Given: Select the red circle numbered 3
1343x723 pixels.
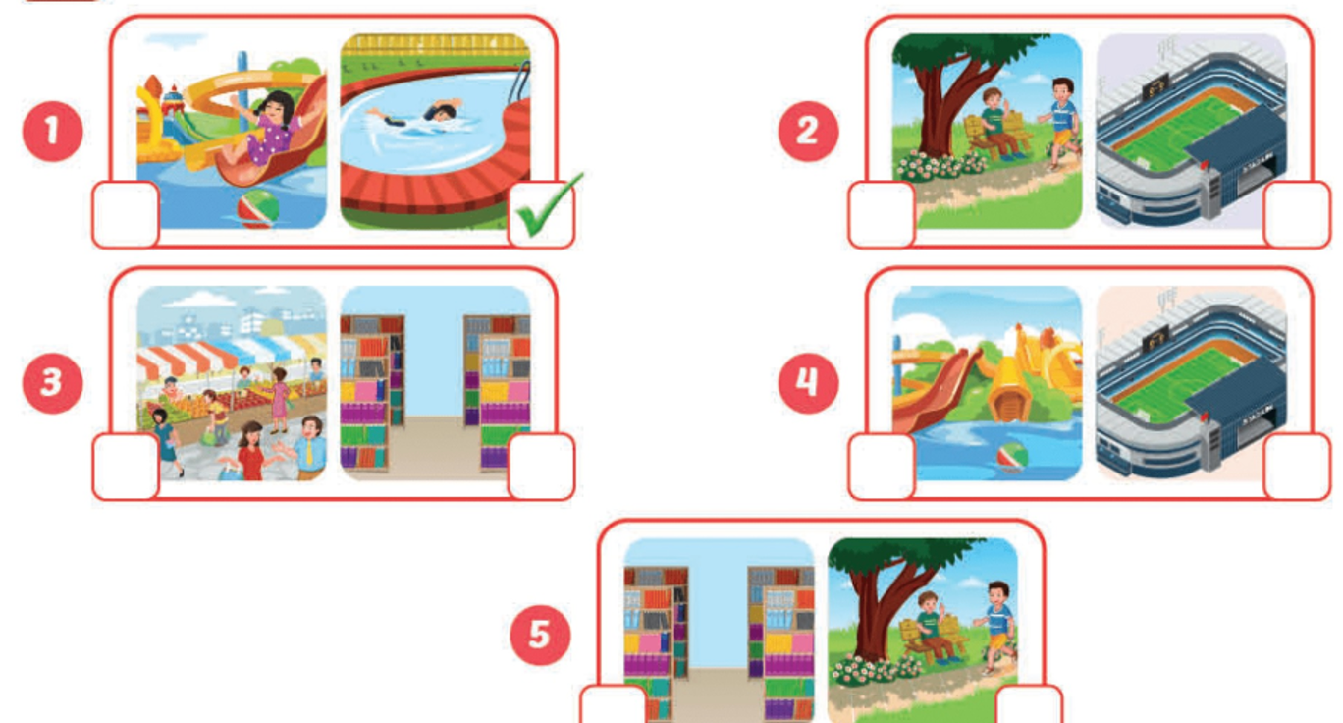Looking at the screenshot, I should [x=52, y=381].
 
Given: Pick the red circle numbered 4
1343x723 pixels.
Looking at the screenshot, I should [x=807, y=381].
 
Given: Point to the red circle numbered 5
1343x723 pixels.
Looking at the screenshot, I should [x=540, y=634].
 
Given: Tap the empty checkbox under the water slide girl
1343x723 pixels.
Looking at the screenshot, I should [x=126, y=214].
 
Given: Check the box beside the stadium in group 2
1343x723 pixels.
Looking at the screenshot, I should [x=1297, y=214].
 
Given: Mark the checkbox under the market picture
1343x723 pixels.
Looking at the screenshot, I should [x=126, y=466].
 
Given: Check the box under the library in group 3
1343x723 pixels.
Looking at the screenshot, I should [x=541, y=466].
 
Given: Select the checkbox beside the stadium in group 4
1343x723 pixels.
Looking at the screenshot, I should [x=1297, y=466].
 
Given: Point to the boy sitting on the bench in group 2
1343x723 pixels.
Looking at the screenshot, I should [x=998, y=122].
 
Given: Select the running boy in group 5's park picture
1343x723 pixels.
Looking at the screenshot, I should [x=994, y=624].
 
